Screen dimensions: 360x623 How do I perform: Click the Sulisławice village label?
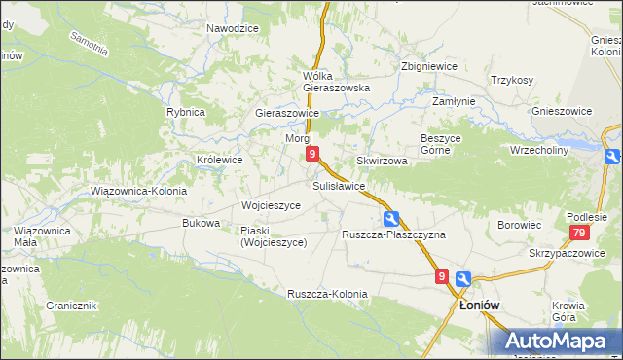[x=339, y=185]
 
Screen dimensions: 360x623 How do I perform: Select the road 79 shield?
[x=579, y=233]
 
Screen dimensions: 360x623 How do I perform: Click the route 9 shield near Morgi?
[x=311, y=154]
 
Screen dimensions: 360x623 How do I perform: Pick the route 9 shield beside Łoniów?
[x=443, y=277]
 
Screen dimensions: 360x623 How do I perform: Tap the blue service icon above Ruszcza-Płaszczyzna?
[x=390, y=218]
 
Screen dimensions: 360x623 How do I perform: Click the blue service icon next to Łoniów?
[x=463, y=278]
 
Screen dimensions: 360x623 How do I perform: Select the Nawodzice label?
[x=232, y=28]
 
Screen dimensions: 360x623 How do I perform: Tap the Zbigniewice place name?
[x=429, y=67]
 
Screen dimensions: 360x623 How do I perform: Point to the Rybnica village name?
[x=185, y=112]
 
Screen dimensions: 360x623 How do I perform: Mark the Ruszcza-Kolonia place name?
[x=327, y=294]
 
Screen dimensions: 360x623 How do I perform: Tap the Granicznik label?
[x=71, y=305]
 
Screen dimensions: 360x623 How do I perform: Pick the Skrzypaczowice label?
[x=568, y=253]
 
